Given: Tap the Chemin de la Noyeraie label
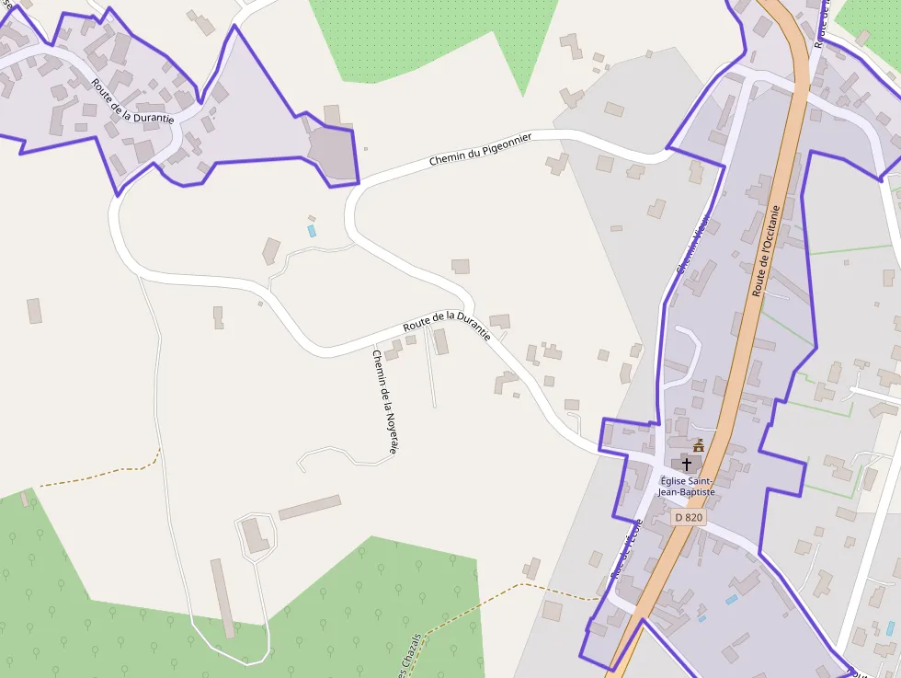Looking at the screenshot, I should pyautogui.click(x=384, y=401).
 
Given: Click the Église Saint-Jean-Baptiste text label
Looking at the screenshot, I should pyautogui.click(x=686, y=486).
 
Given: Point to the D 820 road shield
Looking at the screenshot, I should pyautogui.click(x=689, y=518).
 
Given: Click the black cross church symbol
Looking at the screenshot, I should pyautogui.click(x=687, y=465).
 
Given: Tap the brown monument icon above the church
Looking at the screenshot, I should pyautogui.click(x=699, y=445).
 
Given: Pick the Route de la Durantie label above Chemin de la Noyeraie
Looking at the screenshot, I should pyautogui.click(x=446, y=326).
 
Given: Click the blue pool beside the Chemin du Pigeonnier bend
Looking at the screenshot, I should pyautogui.click(x=312, y=230).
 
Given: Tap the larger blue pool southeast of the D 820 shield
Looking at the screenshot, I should pyautogui.click(x=731, y=600).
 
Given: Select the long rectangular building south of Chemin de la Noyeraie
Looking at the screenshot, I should pyautogui.click(x=310, y=507).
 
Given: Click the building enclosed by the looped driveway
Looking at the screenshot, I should pyautogui.click(x=256, y=535).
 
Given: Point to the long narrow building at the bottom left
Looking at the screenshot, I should pyautogui.click(x=222, y=598).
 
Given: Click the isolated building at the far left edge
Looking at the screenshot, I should pyautogui.click(x=34, y=311).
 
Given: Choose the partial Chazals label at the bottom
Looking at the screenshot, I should pyautogui.click(x=413, y=658).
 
